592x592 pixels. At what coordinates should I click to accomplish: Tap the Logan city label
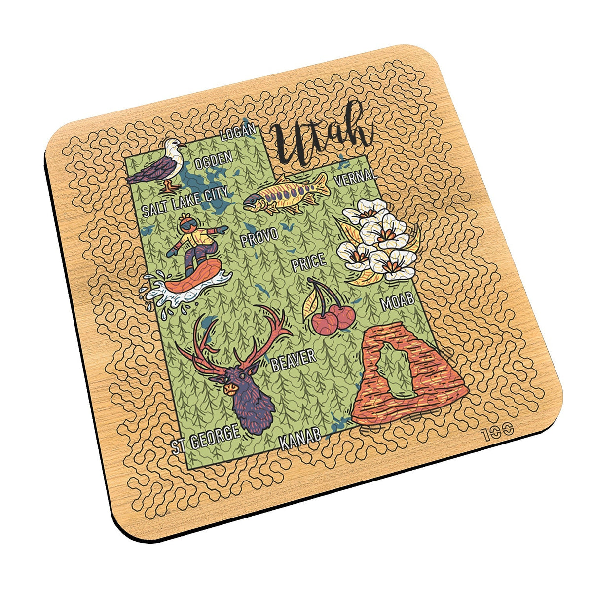coord(239,132)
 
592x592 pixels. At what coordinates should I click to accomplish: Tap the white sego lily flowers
coord(380,242)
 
